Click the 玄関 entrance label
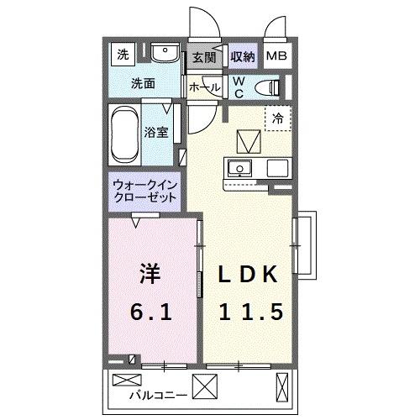203,58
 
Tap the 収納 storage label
242,58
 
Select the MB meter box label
276,57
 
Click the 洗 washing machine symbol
123,56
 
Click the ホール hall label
205,87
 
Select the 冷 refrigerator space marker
277,119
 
